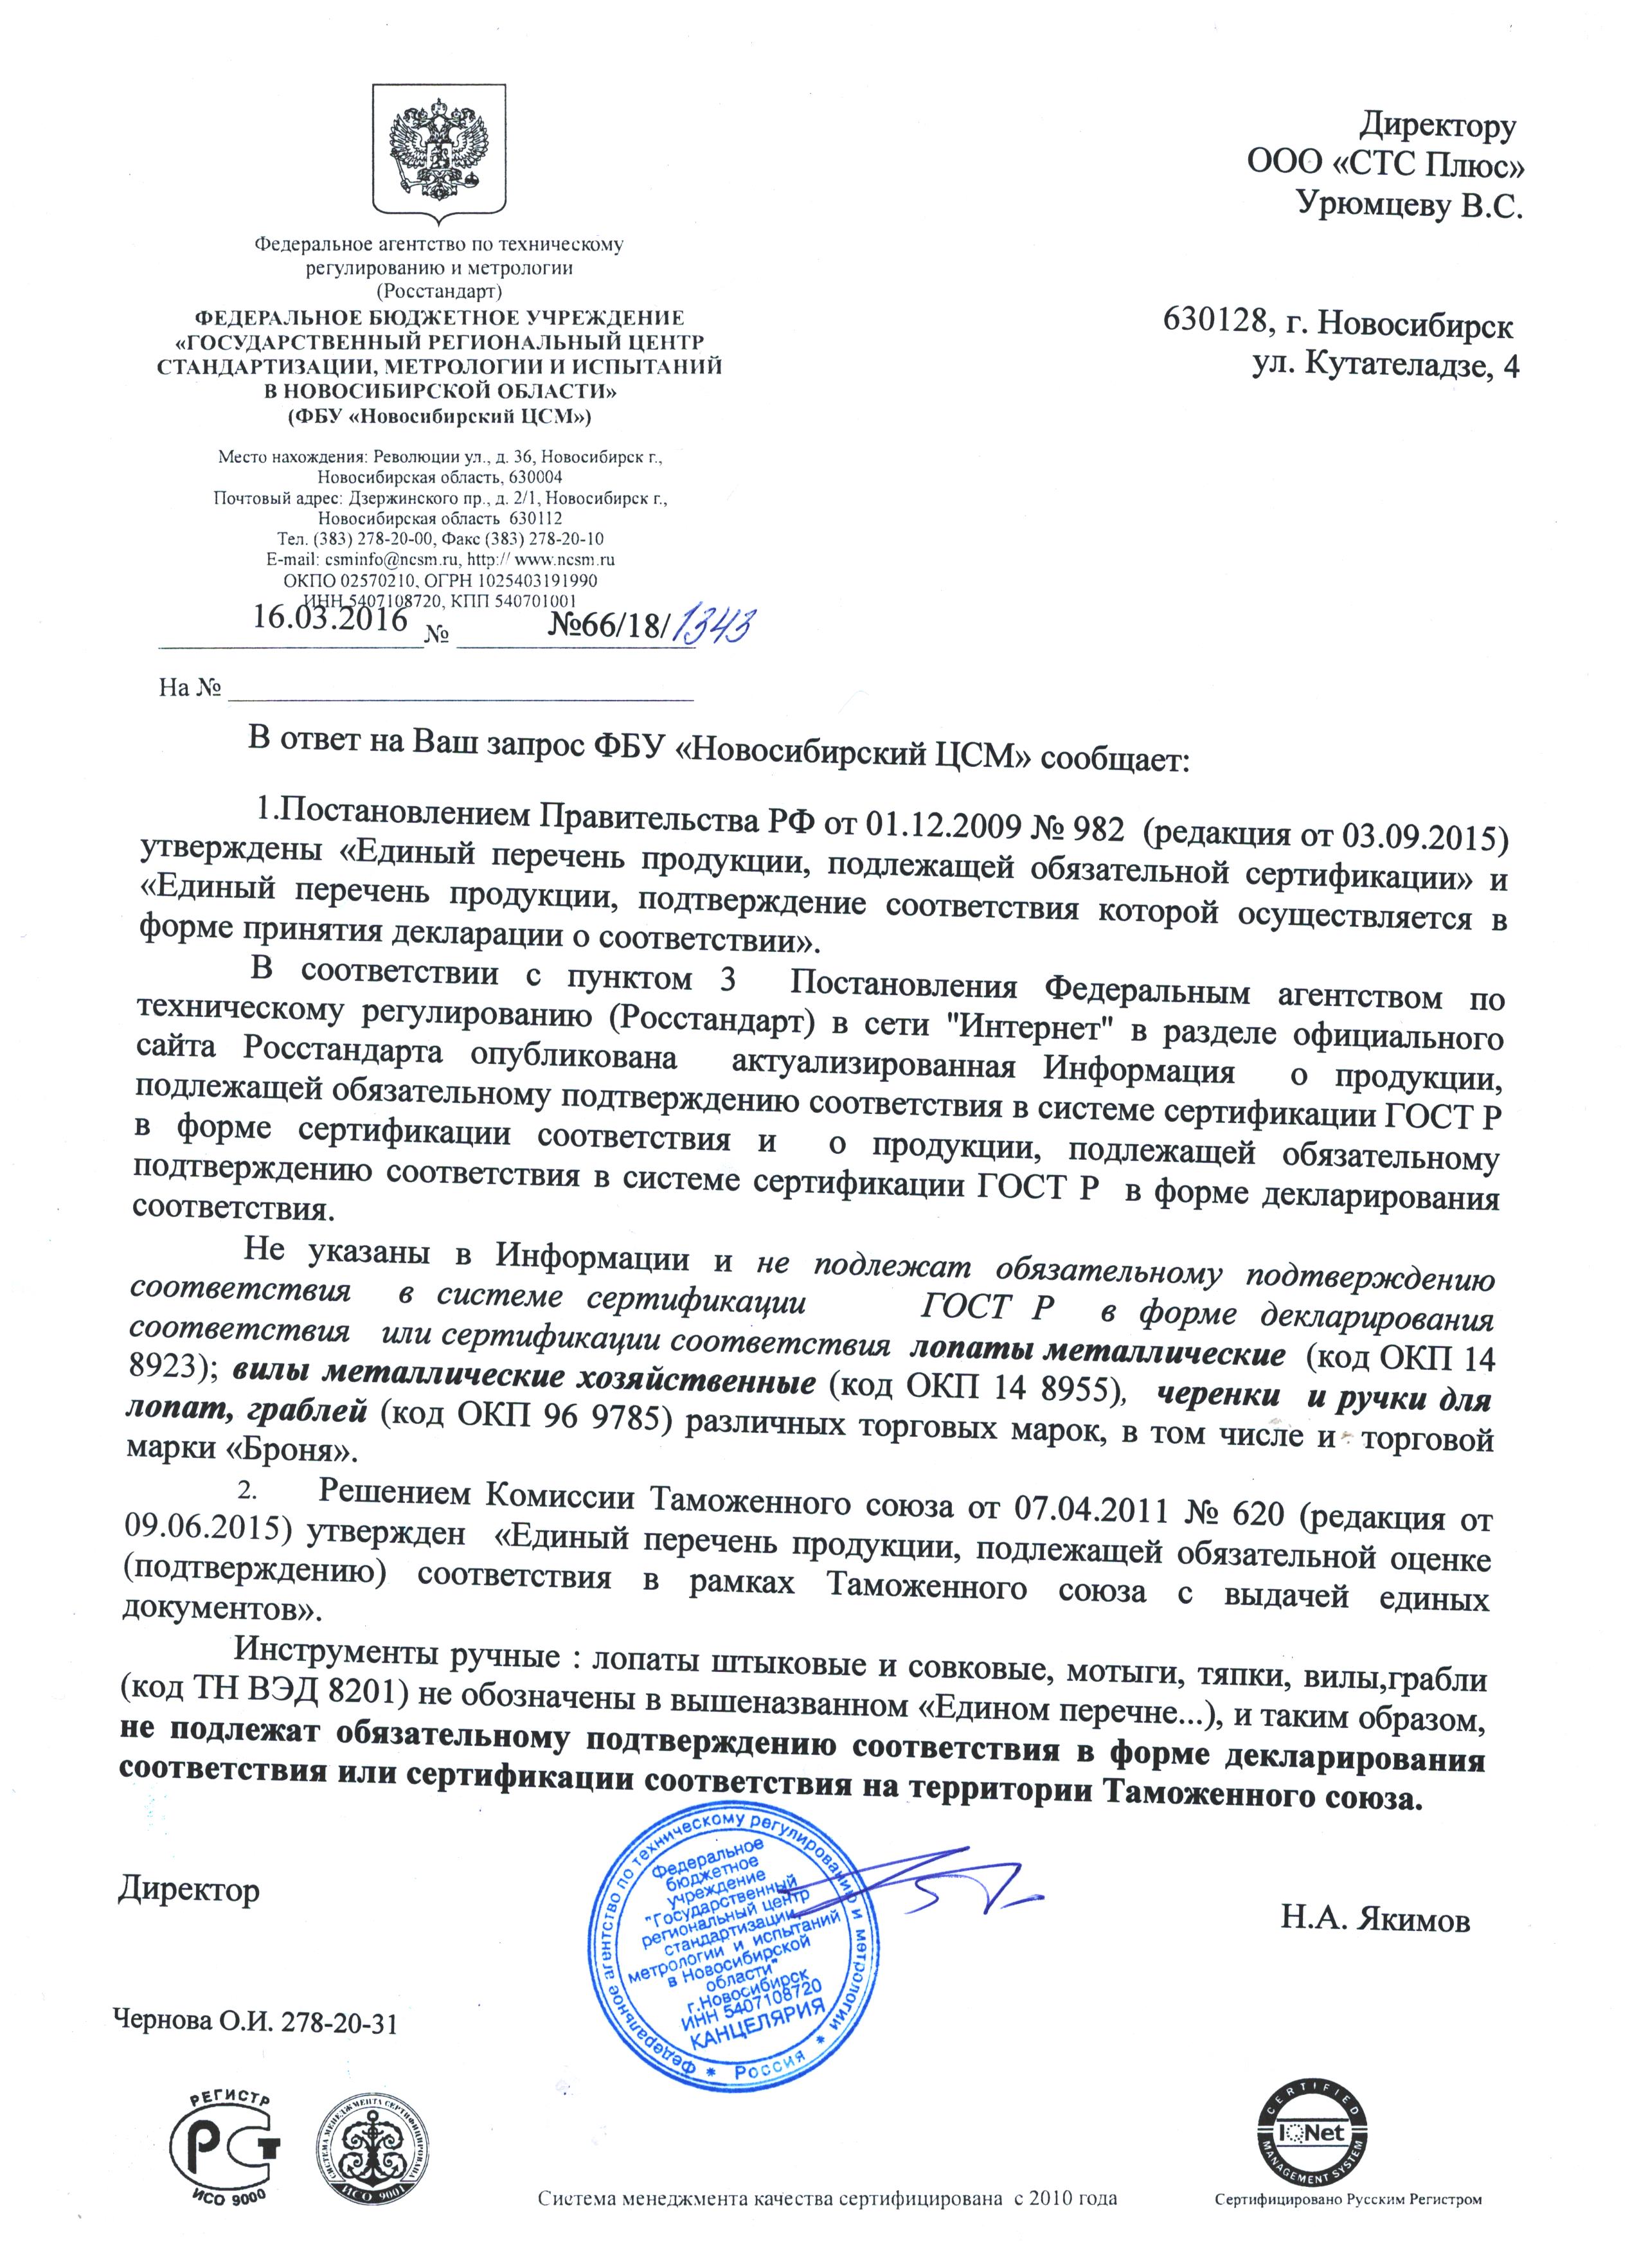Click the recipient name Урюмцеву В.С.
1410,205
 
